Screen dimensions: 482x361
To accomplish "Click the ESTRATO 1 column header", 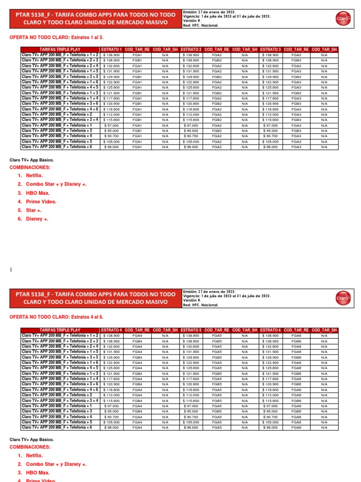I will click(x=111, y=49).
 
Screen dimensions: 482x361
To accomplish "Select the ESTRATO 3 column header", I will click(x=271, y=49).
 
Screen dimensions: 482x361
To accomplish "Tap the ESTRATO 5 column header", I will click(x=191, y=330).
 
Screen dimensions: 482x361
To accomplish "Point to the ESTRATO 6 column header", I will click(x=271, y=330).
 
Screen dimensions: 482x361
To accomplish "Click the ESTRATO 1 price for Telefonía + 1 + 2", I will click(x=111, y=55).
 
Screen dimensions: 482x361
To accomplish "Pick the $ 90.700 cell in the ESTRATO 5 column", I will click(x=191, y=417).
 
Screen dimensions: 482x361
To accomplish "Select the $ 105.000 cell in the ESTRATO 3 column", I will click(x=271, y=141).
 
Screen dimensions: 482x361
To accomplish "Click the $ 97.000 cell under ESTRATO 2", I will click(x=191, y=125).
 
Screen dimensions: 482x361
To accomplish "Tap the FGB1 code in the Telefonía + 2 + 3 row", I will click(x=137, y=60).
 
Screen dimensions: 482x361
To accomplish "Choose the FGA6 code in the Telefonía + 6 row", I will click(x=296, y=427).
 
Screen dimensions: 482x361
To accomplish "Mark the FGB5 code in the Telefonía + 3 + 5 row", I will click(x=217, y=357).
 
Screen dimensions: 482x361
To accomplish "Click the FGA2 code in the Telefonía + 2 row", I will click(x=217, y=114).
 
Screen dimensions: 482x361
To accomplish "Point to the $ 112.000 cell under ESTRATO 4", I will click(x=111, y=395).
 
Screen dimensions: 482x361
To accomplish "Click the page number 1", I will click(x=11, y=270).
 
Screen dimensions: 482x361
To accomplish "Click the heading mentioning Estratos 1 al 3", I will click(x=56, y=37).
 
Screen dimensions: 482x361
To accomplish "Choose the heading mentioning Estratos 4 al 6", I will click(x=56, y=317).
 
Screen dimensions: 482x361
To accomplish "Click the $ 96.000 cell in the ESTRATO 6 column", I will click(x=271, y=427).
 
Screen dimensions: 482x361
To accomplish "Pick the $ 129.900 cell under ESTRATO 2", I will click(x=191, y=77).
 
